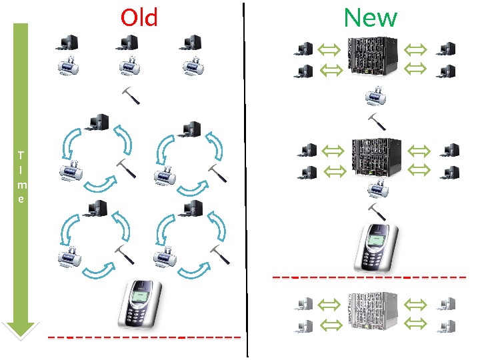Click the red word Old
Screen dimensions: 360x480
coord(139,17)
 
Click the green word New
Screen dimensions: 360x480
coord(370,17)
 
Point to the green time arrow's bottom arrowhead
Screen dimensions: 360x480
coord(21,328)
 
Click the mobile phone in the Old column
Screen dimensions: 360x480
coord(139,303)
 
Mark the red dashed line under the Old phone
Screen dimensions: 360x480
coord(143,337)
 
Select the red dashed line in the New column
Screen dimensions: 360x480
coord(369,277)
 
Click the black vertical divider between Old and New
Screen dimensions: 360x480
coord(247,180)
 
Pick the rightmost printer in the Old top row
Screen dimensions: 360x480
coord(194,66)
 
